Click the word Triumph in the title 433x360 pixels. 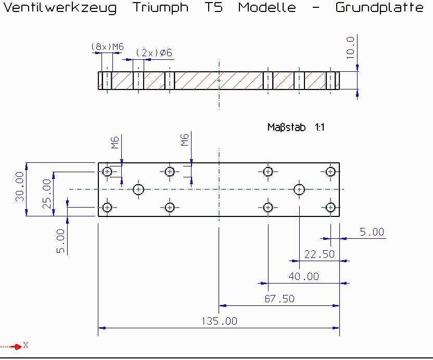161,8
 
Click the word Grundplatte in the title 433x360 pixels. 379,8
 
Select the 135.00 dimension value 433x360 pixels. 219,321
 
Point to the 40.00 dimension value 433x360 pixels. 304,276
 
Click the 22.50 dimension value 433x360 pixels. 319,254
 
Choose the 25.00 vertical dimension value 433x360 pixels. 47,194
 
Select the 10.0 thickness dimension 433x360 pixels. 350,47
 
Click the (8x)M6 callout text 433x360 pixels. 107,47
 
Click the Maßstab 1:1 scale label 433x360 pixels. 296,127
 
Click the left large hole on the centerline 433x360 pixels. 138,189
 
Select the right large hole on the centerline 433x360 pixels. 299,189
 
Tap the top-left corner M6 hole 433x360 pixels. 107,172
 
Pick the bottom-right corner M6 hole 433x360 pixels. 330,208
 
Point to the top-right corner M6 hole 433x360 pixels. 330,172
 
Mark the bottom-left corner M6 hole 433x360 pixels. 107,208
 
